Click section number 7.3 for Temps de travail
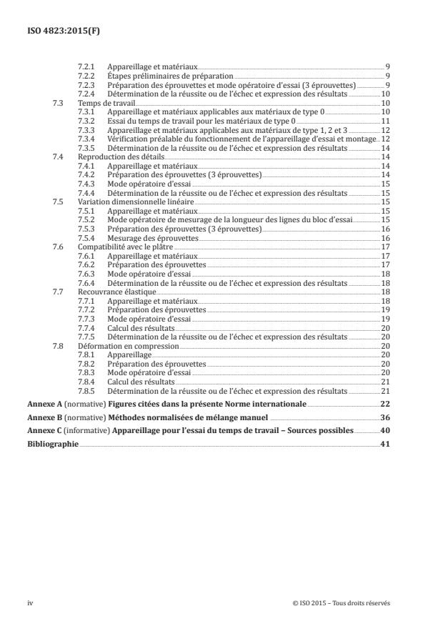(59, 104)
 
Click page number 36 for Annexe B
(385, 417)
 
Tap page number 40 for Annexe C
(385, 431)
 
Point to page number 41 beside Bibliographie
(385, 444)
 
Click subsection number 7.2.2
(86, 75)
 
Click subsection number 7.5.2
(86, 219)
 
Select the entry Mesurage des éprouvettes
(151, 237)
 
